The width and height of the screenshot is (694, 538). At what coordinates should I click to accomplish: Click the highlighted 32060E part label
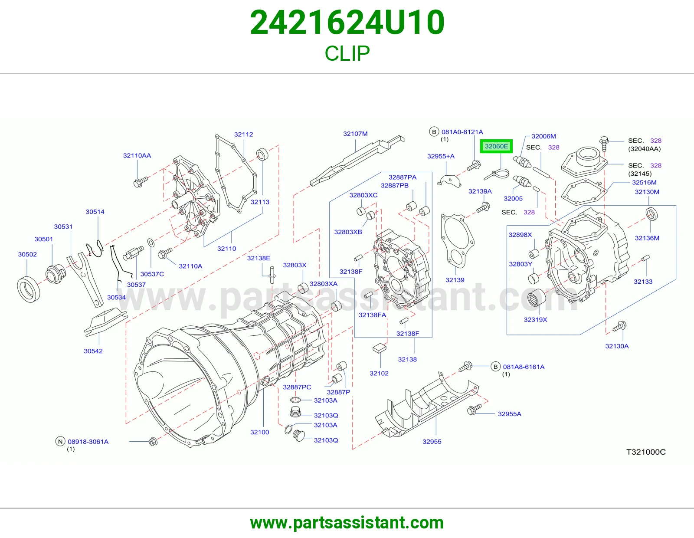point(496,146)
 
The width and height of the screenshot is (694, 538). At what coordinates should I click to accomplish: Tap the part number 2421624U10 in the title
point(347,23)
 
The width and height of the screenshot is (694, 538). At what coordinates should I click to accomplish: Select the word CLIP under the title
point(347,53)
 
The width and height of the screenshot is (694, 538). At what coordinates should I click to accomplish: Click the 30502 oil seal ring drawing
point(29,290)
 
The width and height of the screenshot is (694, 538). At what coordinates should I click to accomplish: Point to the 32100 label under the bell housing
point(260,432)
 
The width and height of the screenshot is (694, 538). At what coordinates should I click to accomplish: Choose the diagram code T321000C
point(646,452)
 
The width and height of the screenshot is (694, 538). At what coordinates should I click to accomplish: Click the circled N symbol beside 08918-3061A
point(60,442)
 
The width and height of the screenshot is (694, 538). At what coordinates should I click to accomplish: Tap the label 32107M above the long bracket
point(355,134)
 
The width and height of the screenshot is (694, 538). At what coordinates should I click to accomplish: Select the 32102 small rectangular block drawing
point(380,348)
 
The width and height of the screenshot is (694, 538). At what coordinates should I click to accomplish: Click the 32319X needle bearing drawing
point(536,298)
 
